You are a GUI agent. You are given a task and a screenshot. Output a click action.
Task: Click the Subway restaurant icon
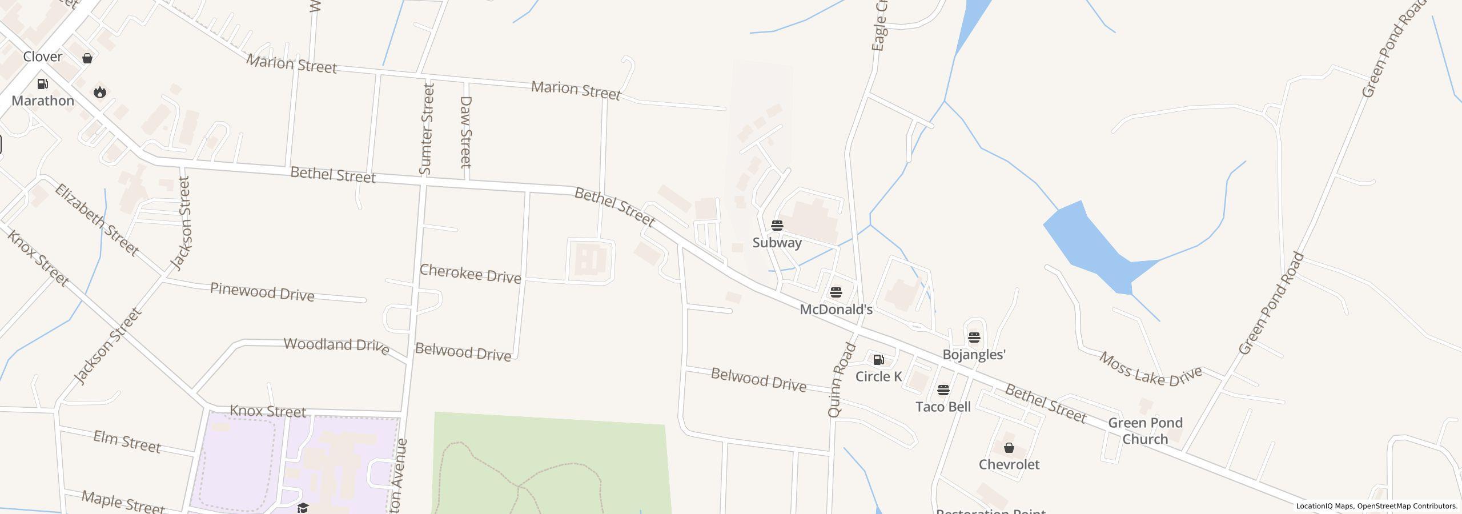[x=777, y=225]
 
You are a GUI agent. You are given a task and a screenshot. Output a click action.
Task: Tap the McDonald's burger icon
[x=836, y=292]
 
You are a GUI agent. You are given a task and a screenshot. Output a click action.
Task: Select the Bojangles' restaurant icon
[x=974, y=337]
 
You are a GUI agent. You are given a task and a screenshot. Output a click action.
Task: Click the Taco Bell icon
[x=943, y=390]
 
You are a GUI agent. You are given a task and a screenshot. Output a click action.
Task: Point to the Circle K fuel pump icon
[x=878, y=360]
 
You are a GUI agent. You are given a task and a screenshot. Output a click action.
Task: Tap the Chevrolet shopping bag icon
[x=1009, y=448]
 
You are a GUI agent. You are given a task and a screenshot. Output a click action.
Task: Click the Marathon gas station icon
[x=42, y=84]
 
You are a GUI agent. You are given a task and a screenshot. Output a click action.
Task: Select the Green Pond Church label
[x=1145, y=431]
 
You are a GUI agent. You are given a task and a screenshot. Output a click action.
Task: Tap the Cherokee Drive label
[x=470, y=274]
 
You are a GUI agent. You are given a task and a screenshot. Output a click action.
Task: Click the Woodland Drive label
[x=336, y=346]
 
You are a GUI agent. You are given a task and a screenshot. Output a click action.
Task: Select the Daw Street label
[x=466, y=132]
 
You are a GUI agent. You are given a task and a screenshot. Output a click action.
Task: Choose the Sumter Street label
[x=427, y=128]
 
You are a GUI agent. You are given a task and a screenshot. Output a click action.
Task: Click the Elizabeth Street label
[x=97, y=219]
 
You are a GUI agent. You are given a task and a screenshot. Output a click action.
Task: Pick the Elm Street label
[x=127, y=441]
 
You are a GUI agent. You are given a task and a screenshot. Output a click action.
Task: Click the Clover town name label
[x=42, y=57]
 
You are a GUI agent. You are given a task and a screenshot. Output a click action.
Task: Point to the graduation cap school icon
[x=303, y=508]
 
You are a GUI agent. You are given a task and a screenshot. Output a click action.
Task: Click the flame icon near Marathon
[x=100, y=92]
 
